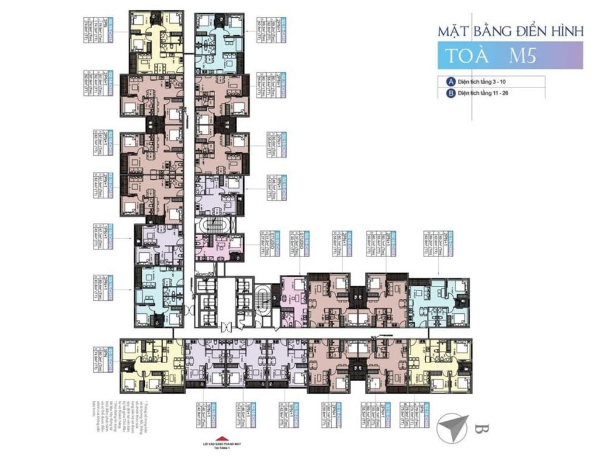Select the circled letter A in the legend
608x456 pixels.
[x=451, y=81]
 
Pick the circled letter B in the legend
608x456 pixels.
[x=451, y=94]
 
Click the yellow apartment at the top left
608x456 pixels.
[x=156, y=42]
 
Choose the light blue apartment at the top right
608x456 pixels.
[x=219, y=42]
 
